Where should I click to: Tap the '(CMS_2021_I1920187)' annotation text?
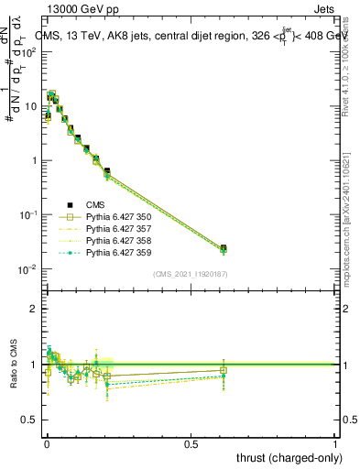pos(191,274)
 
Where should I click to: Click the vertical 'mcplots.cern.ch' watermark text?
pos(352,220)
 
